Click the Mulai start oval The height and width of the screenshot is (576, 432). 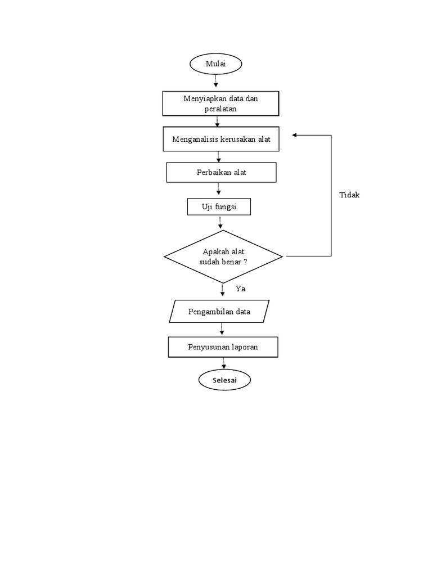[x=216, y=64]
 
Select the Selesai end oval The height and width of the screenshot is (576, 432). [x=224, y=380]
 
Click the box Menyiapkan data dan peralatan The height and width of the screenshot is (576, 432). [x=220, y=103]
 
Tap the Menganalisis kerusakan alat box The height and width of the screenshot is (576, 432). [x=221, y=139]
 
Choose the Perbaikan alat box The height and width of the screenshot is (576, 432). [x=221, y=172]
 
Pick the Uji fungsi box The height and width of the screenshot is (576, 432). [x=219, y=207]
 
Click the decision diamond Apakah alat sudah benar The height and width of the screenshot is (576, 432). [x=223, y=256]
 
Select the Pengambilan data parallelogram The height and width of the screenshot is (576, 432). [x=219, y=311]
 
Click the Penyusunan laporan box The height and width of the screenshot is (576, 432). [x=223, y=346]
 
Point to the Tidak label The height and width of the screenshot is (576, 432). [x=349, y=195]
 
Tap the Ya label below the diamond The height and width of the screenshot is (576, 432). [x=240, y=289]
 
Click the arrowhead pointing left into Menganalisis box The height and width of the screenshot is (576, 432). [x=295, y=136]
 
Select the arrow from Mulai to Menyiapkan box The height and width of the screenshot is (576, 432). [x=216, y=82]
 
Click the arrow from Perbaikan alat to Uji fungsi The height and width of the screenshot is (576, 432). [x=219, y=190]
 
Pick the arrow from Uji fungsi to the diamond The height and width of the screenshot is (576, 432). [x=220, y=223]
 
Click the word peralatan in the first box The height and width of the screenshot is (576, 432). [x=220, y=109]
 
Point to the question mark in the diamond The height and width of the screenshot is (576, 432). [x=245, y=262]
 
